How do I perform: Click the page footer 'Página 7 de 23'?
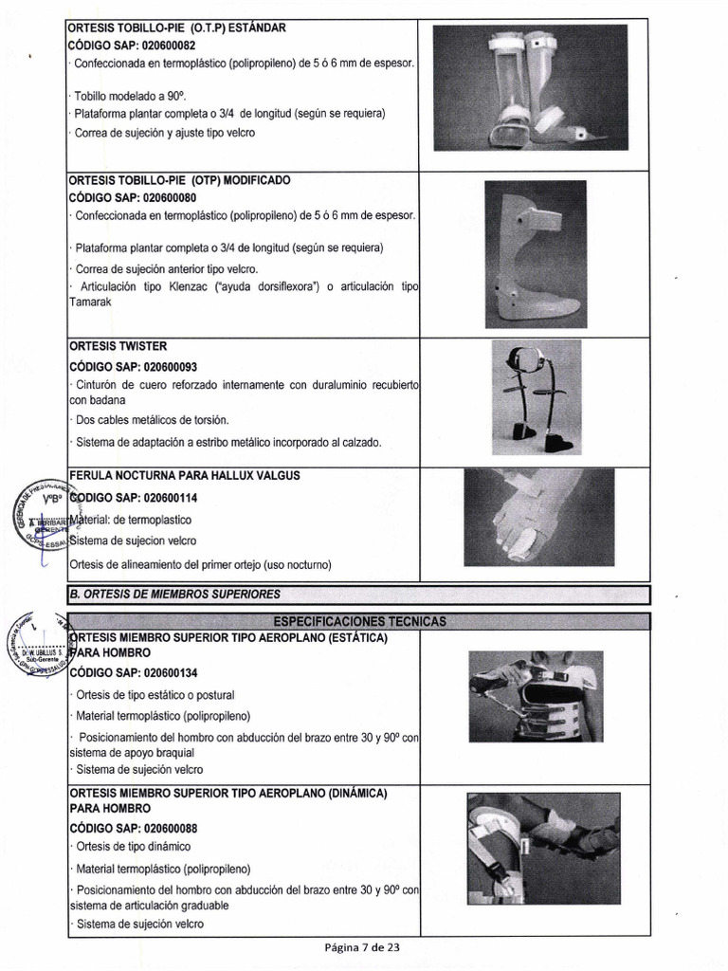(x=363, y=947)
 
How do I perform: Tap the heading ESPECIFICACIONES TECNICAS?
(x=358, y=621)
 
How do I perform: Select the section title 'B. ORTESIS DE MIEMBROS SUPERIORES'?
(x=174, y=595)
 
